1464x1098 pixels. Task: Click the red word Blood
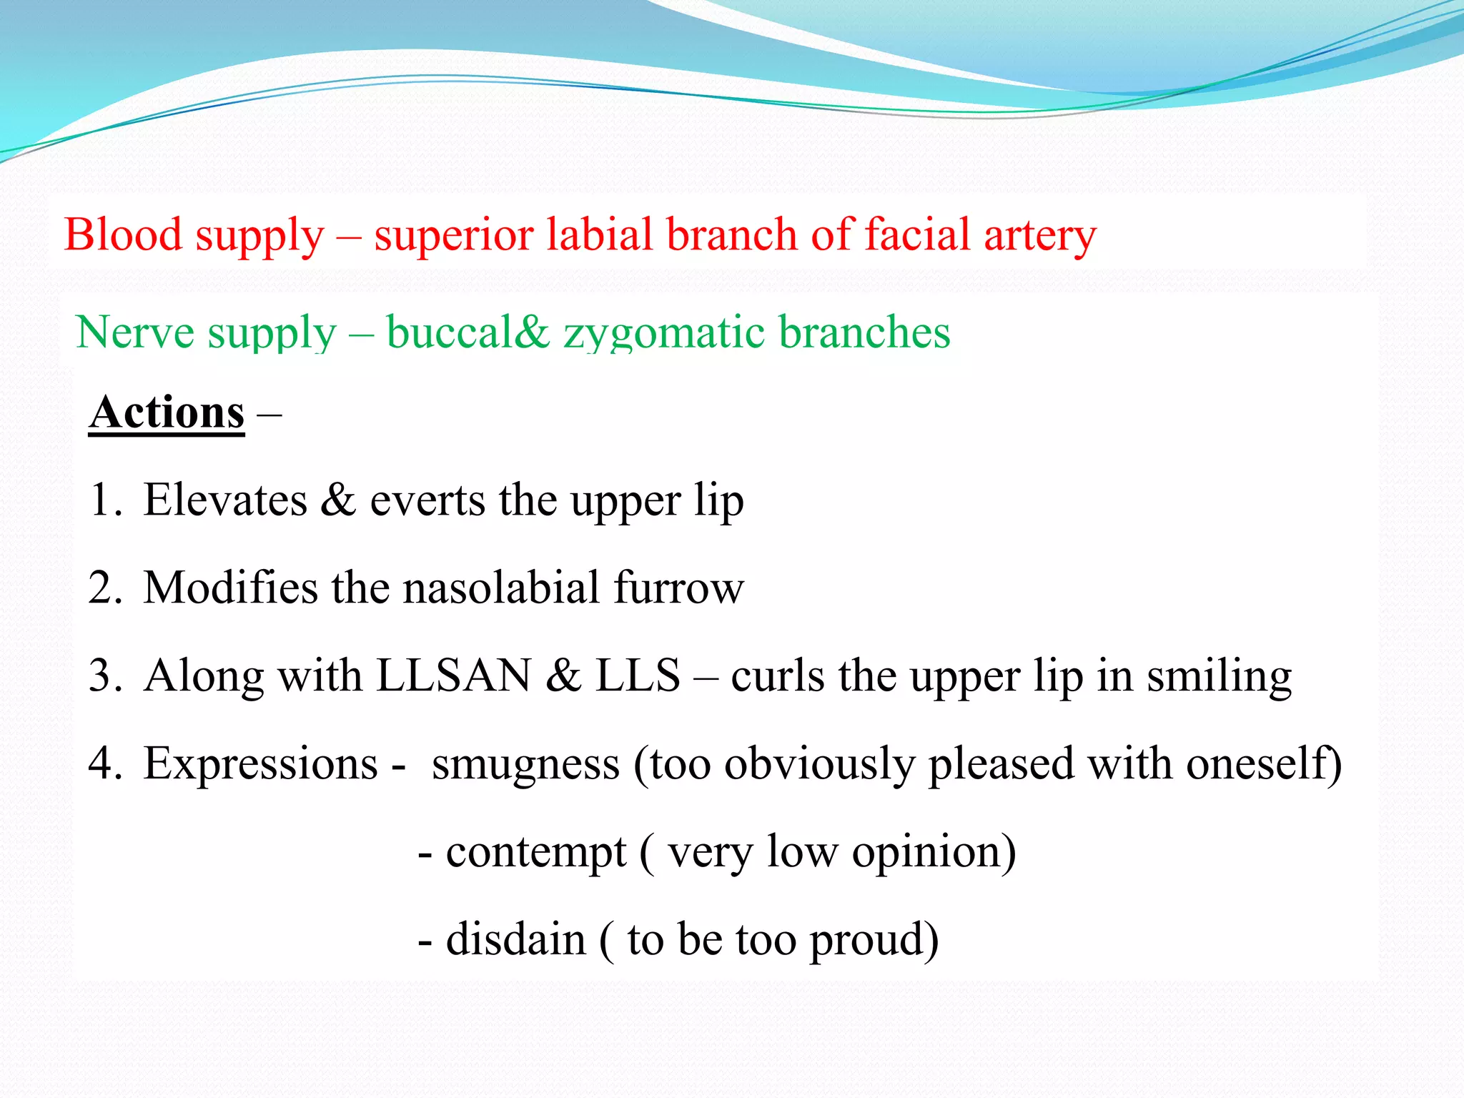(123, 234)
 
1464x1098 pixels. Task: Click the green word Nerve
(134, 332)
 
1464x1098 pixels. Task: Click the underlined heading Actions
(167, 412)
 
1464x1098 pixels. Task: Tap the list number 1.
(103, 500)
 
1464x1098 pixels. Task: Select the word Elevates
(225, 500)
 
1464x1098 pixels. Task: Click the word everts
(427, 500)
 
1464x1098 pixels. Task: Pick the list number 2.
(104, 588)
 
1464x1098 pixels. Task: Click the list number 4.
(104, 763)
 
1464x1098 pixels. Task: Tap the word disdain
(515, 939)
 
